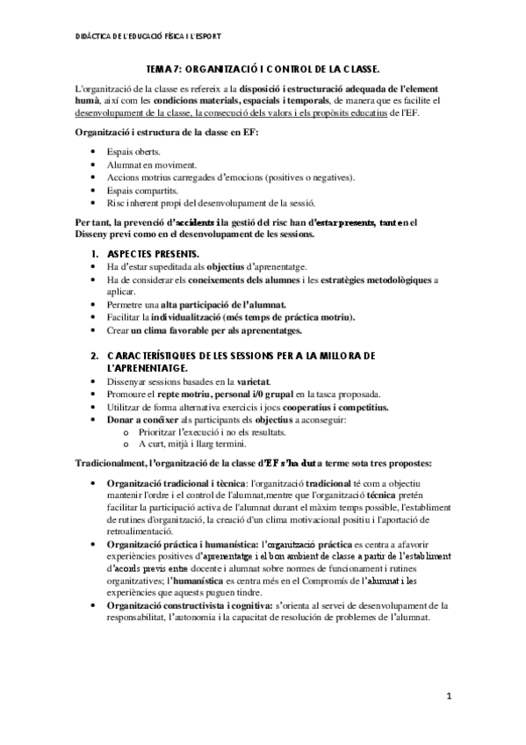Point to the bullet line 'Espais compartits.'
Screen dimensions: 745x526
[142, 189]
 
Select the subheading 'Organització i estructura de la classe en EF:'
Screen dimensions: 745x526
[166, 132]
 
